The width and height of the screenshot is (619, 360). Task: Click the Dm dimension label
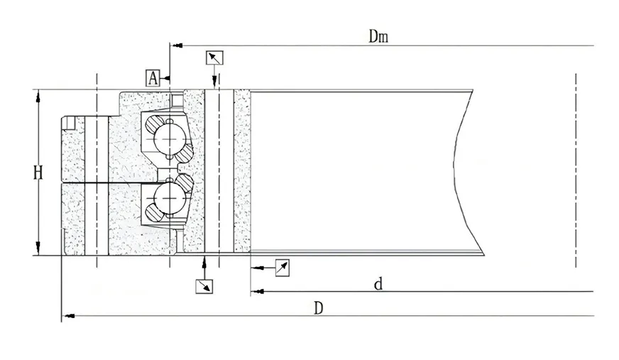[378, 36]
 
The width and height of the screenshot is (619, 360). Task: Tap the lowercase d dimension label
[378, 284]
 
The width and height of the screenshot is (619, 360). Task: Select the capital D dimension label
[319, 308]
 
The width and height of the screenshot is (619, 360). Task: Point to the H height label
[38, 173]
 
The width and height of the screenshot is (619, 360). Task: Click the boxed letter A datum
[153, 78]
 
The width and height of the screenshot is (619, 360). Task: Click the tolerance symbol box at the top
[215, 58]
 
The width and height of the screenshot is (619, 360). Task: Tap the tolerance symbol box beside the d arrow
[283, 268]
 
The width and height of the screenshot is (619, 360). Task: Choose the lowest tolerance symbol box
[204, 286]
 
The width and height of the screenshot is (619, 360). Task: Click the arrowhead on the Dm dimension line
[178, 45]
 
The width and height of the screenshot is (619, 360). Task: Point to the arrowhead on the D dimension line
[70, 316]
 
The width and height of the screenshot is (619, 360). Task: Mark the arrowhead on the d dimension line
[258, 292]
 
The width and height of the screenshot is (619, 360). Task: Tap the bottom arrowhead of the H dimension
[38, 249]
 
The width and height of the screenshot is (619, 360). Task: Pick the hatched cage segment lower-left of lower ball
[153, 212]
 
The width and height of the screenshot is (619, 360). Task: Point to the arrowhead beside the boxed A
[166, 78]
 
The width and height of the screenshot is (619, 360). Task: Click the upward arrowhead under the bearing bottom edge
[204, 261]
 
